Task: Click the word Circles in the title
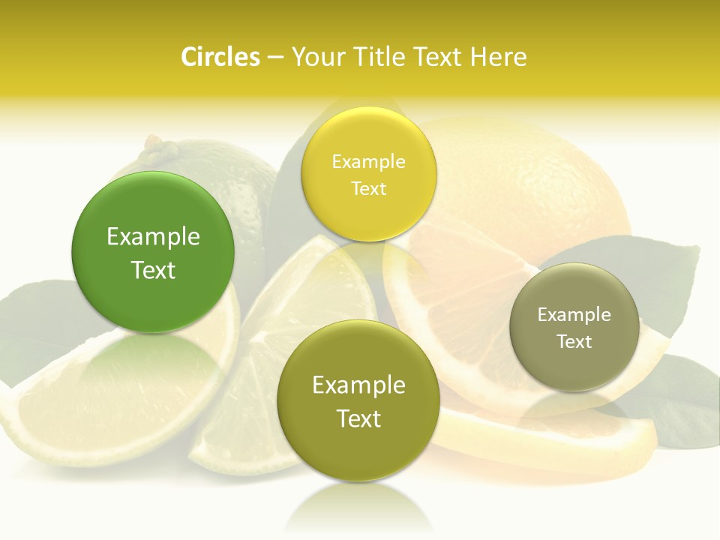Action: (220, 57)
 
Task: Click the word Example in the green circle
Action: (153, 237)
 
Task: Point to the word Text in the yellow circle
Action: (369, 189)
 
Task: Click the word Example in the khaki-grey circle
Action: (574, 315)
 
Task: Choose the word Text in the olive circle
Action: (358, 418)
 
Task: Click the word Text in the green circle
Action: (153, 270)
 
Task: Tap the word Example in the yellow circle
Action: (369, 162)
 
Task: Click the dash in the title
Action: (274, 57)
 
